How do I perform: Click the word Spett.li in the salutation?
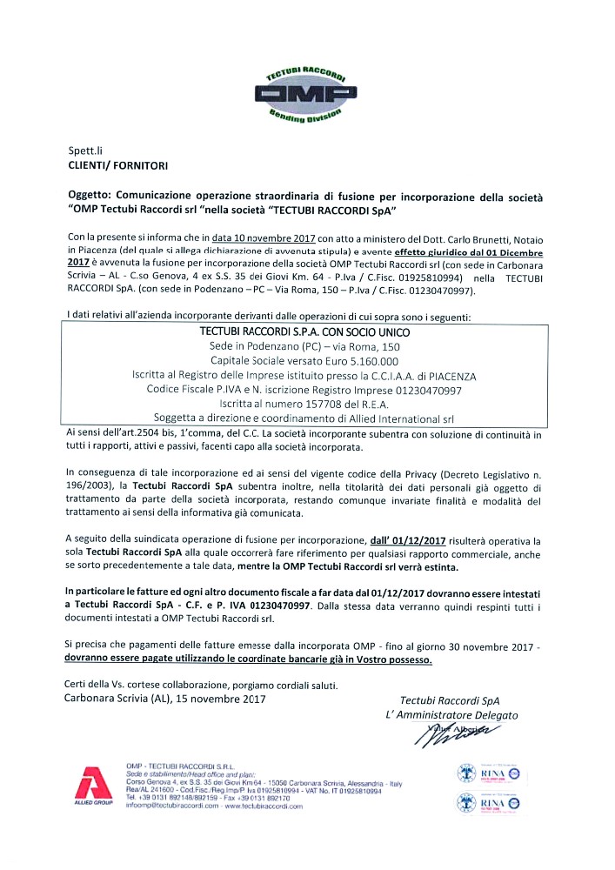pos(86,151)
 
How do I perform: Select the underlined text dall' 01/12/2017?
pos(408,540)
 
